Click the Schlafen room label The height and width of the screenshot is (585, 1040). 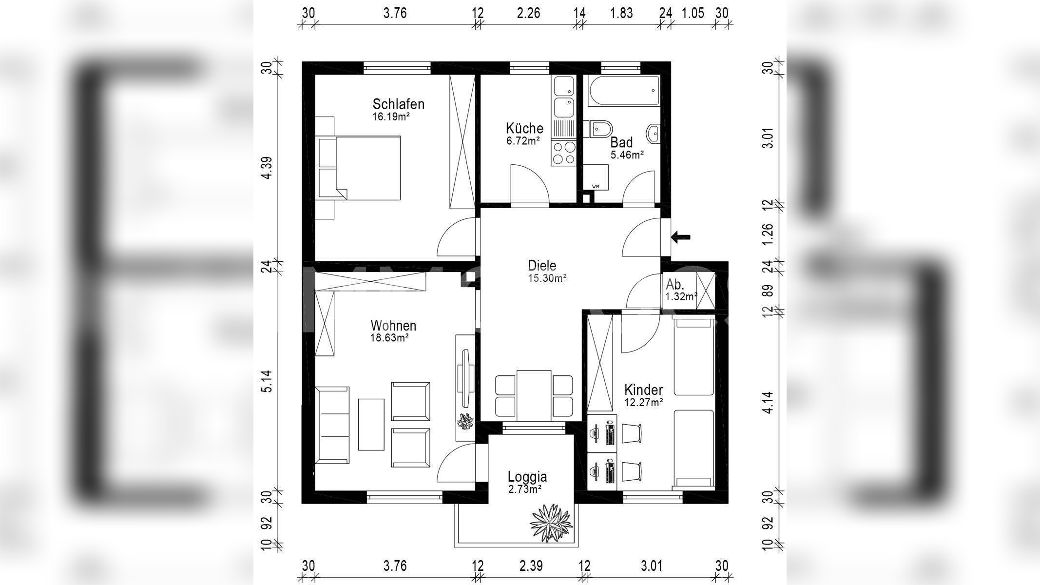point(398,104)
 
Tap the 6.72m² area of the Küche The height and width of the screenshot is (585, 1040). point(524,141)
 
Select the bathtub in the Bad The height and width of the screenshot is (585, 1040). point(623,91)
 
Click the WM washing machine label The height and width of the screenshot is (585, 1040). point(596,186)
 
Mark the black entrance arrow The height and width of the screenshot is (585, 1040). point(680,237)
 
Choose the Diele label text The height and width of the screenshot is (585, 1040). point(542,266)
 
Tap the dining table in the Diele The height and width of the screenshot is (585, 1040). point(534,395)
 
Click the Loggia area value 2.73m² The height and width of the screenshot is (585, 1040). point(525,489)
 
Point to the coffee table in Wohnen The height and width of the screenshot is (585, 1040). point(371,424)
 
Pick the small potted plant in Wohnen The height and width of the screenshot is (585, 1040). point(465,421)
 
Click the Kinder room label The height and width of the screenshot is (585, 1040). point(643,390)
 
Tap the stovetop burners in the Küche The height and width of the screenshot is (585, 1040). point(564,153)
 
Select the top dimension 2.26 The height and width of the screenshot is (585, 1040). point(529,13)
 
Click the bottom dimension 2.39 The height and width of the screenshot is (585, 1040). point(531,566)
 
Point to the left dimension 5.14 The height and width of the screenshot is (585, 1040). point(267,381)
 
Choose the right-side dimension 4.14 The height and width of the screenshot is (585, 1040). point(768,402)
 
